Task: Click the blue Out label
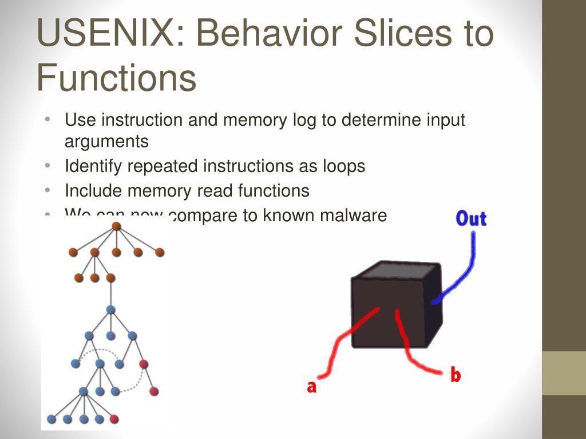coord(470,218)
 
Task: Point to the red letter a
coord(311,387)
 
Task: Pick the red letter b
coord(456,375)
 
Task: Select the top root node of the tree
coord(116,226)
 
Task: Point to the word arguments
coord(106,141)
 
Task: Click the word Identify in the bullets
coord(93,166)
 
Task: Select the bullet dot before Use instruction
coord(49,119)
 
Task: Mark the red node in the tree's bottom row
coord(114,419)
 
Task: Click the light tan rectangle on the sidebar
coord(564,373)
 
